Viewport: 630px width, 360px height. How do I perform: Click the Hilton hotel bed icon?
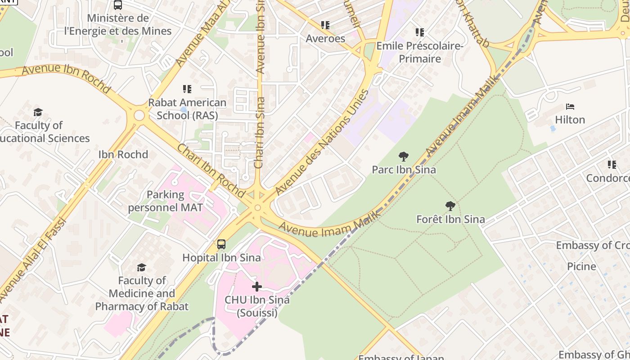[570, 107]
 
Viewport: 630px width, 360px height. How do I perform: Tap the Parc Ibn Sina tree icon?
[404, 157]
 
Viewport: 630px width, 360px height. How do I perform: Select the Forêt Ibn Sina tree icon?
[450, 206]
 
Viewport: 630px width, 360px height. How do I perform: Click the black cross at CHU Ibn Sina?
[256, 287]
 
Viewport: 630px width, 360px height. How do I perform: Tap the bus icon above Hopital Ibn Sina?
[221, 244]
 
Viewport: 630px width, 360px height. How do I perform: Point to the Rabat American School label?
[187, 109]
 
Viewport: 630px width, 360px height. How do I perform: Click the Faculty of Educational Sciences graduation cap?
[38, 112]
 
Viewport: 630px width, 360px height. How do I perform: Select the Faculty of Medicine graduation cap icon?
[141, 268]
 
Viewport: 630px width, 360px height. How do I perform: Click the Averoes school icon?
[325, 25]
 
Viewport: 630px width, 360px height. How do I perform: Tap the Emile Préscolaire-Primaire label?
[419, 52]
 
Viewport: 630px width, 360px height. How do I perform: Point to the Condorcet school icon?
[612, 165]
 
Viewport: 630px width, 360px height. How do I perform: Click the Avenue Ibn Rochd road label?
[66, 78]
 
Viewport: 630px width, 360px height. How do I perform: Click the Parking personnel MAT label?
[165, 201]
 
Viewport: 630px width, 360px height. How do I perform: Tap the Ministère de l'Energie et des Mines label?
[118, 25]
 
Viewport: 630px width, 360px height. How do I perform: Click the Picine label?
[581, 266]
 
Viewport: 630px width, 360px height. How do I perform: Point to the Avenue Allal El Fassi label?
[31, 261]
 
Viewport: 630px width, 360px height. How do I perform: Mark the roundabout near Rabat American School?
[139, 116]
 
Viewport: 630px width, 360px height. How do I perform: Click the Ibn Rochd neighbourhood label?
[123, 154]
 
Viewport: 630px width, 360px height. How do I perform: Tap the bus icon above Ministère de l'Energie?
[118, 5]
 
